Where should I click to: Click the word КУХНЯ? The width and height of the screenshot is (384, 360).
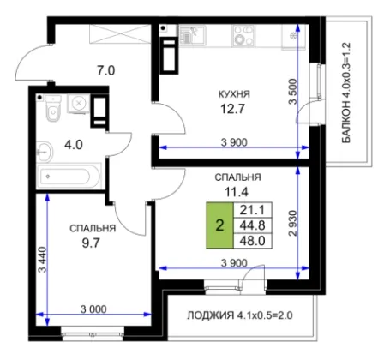pyautogui.click(x=234, y=94)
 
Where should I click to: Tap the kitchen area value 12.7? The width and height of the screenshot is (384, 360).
pyautogui.click(x=232, y=109)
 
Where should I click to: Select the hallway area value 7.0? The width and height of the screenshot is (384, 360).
pyautogui.click(x=106, y=70)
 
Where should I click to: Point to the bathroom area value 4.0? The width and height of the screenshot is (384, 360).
pyautogui.click(x=74, y=145)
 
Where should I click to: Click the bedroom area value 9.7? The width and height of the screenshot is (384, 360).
pyautogui.click(x=91, y=243)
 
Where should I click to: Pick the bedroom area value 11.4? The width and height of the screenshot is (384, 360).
pyautogui.click(x=237, y=192)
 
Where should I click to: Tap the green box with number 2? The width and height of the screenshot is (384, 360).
pyautogui.click(x=219, y=225)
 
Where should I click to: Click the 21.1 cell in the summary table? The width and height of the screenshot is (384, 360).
pyautogui.click(x=253, y=210)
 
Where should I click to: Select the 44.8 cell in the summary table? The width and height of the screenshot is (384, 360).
pyautogui.click(x=253, y=225)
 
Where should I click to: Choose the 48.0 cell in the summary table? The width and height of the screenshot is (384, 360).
pyautogui.click(x=253, y=241)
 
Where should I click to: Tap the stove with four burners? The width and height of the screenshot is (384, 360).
pyautogui.click(x=243, y=35)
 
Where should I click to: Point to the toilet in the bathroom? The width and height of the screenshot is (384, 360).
pyautogui.click(x=53, y=108)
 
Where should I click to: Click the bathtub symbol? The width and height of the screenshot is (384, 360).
pyautogui.click(x=69, y=177)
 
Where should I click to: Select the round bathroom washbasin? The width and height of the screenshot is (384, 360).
pyautogui.click(x=45, y=152)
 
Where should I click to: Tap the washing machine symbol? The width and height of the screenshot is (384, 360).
pyautogui.click(x=78, y=104)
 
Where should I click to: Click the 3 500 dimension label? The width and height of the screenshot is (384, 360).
pyautogui.click(x=293, y=92)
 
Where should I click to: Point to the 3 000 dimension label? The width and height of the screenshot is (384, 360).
pyautogui.click(x=93, y=309)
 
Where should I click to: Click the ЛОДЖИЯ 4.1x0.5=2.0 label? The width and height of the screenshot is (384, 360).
pyautogui.click(x=240, y=315)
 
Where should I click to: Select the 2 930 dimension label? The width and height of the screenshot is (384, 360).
pyautogui.click(x=293, y=224)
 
